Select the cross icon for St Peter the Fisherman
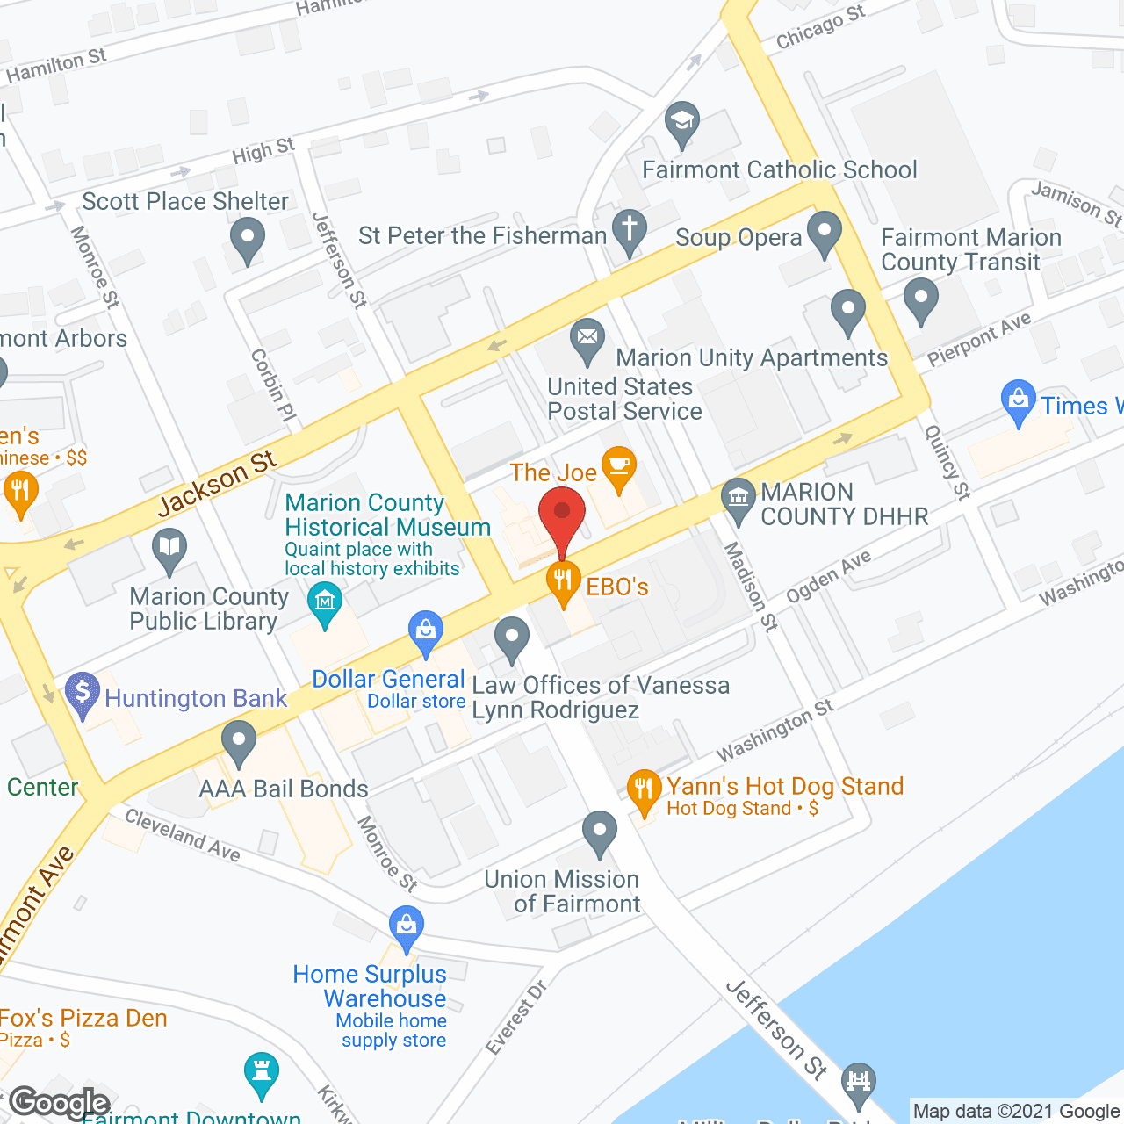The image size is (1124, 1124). (629, 232)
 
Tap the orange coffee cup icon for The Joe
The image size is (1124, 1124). (619, 466)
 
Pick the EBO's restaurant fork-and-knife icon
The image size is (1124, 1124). (563, 582)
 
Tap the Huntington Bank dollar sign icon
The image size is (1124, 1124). (83, 694)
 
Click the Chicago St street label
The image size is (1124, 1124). (820, 26)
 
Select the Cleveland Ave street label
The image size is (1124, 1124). (182, 833)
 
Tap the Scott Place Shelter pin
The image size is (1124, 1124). (247, 239)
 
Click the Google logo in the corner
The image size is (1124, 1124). (59, 1103)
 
